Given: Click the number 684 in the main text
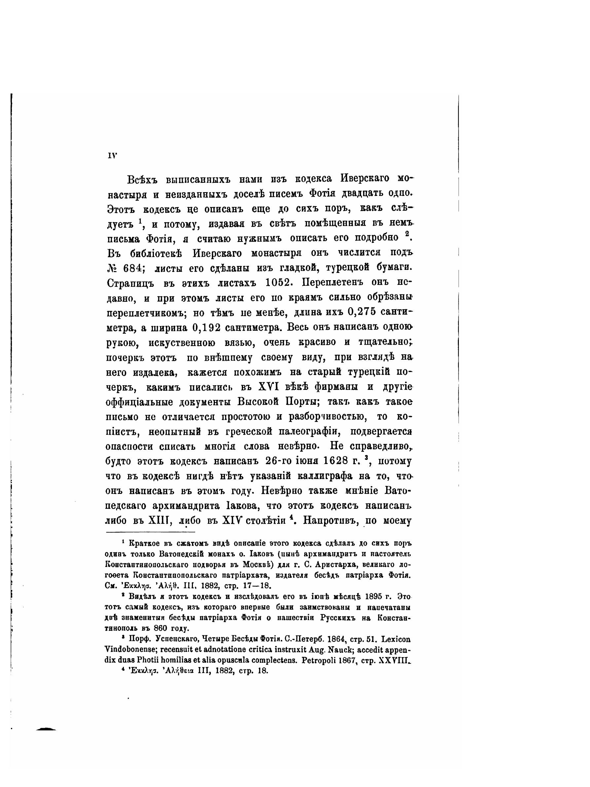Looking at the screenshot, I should click(x=131, y=267).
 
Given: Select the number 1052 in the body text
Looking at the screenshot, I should click(x=279, y=282).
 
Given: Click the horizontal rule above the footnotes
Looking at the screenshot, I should click(x=150, y=532).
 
